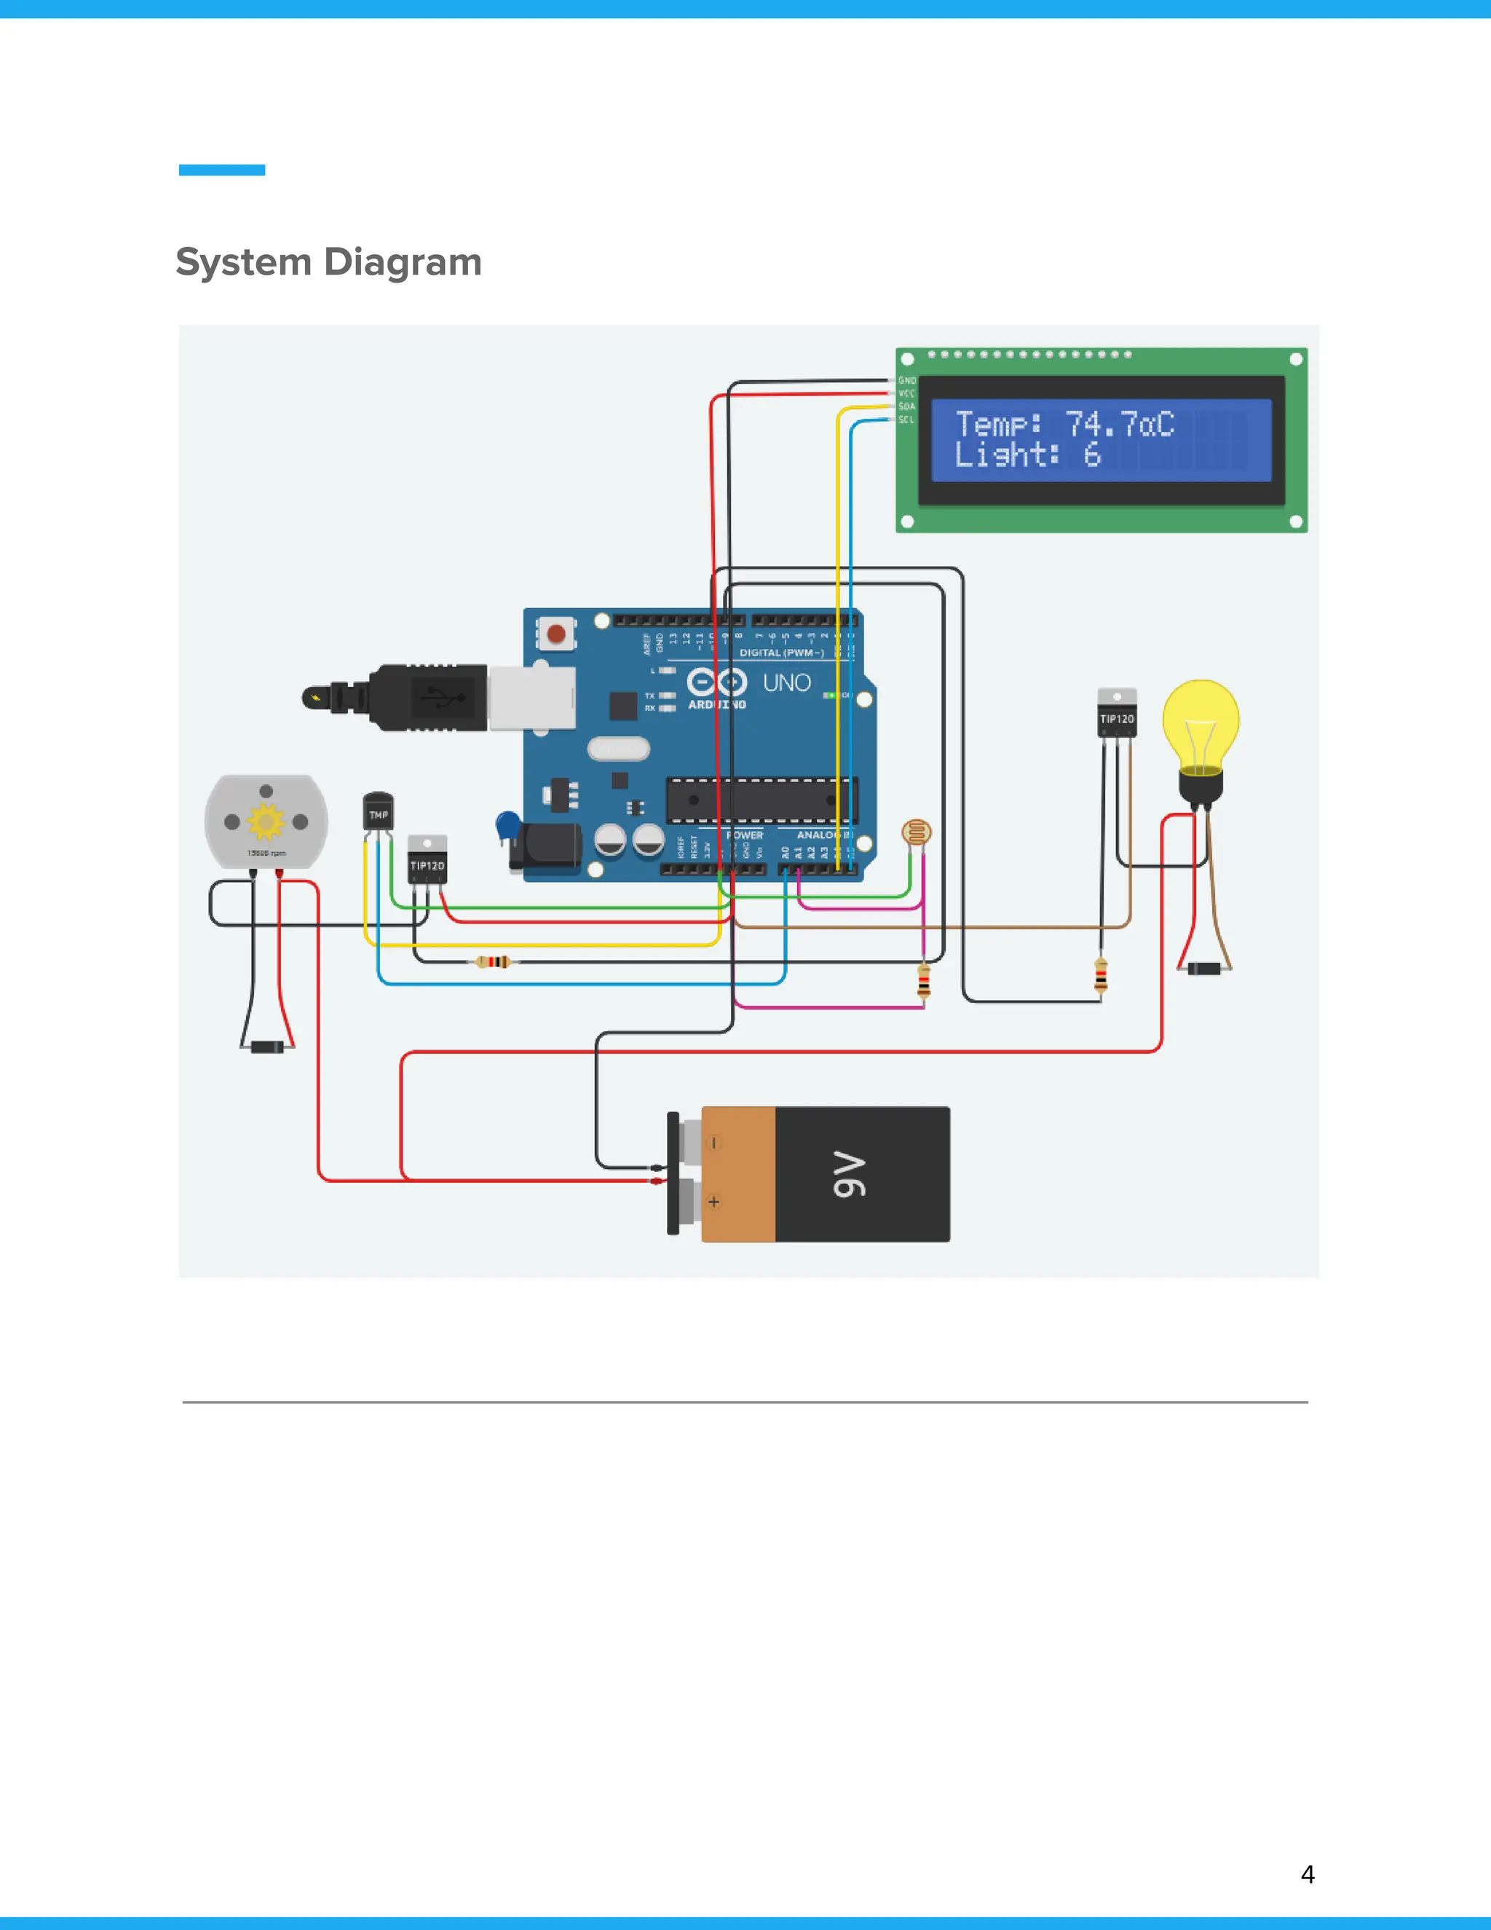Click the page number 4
click(x=1308, y=1875)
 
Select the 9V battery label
click(x=849, y=1175)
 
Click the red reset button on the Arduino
click(x=556, y=634)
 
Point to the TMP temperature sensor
click(x=378, y=811)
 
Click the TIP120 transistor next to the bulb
click(x=1117, y=714)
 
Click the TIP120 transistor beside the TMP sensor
click(x=427, y=861)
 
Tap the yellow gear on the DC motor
click(x=265, y=822)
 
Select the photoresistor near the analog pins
click(x=916, y=832)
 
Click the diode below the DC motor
click(x=266, y=1047)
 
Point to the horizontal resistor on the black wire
click(x=493, y=961)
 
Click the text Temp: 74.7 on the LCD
click(x=1064, y=424)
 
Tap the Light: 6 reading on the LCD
click(x=1027, y=455)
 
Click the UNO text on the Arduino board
click(x=786, y=683)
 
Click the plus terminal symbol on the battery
click(x=713, y=1202)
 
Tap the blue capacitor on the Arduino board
click(x=508, y=825)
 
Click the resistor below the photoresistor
click(x=923, y=981)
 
